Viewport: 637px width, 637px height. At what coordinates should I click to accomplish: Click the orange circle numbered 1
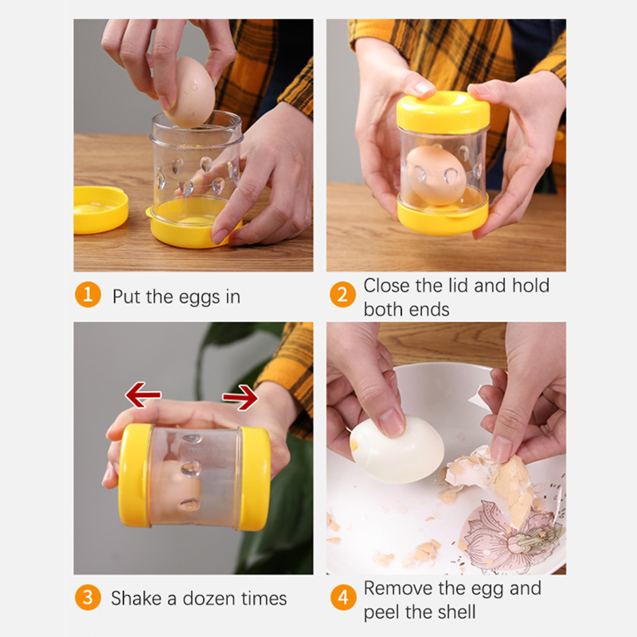[x=88, y=295]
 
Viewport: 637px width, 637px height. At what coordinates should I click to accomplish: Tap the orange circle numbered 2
[x=342, y=295]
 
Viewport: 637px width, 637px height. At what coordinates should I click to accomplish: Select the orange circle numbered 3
[x=88, y=597]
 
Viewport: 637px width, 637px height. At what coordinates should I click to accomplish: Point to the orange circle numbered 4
[x=343, y=597]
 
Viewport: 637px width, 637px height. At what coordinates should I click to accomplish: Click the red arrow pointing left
[x=143, y=395]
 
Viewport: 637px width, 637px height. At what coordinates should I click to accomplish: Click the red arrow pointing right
[x=240, y=397]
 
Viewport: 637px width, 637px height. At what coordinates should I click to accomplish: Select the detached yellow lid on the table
[x=100, y=209]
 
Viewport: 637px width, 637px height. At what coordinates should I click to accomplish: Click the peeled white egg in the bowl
[x=397, y=449]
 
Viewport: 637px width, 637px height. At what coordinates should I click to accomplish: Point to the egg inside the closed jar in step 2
[x=436, y=175]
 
